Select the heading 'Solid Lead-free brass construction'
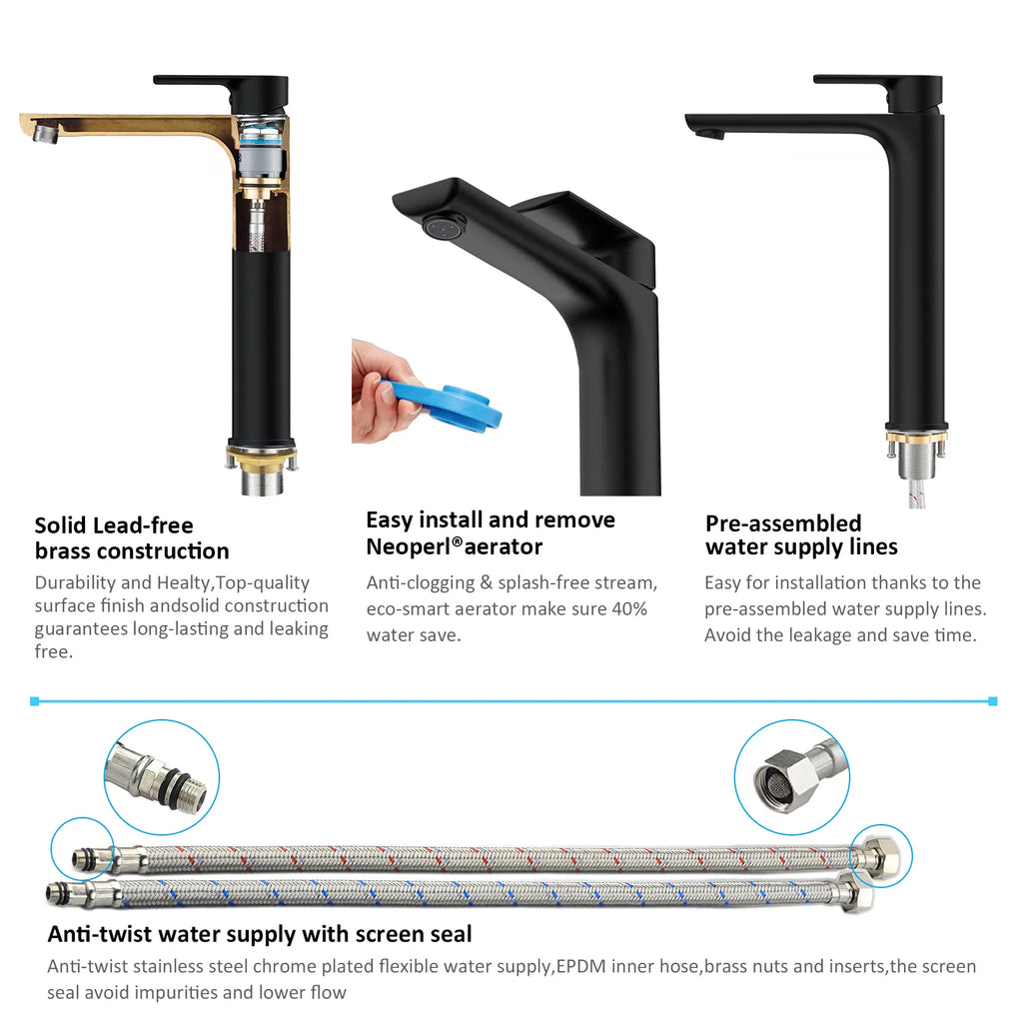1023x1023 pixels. pyautogui.click(x=132, y=538)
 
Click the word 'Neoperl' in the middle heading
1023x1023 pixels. pyautogui.click(x=409, y=546)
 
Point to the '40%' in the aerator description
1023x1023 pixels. pyautogui.click(x=629, y=609)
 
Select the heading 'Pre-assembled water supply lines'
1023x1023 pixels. pyautogui.click(x=801, y=535)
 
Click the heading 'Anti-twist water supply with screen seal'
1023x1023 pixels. pyautogui.click(x=260, y=934)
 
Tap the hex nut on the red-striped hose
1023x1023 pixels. pyautogui.click(x=878, y=857)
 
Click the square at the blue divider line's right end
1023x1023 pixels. pyautogui.click(x=992, y=701)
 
